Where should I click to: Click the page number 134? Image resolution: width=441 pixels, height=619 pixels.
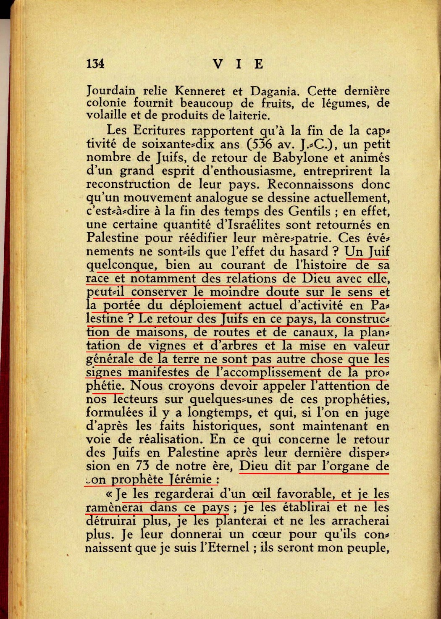point(95,63)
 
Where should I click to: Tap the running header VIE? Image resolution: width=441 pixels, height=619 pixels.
point(238,64)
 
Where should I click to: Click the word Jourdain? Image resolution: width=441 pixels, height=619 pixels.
point(111,91)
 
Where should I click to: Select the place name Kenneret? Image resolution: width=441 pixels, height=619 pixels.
point(199,91)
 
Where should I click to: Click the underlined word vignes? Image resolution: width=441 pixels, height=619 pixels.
point(167,346)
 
